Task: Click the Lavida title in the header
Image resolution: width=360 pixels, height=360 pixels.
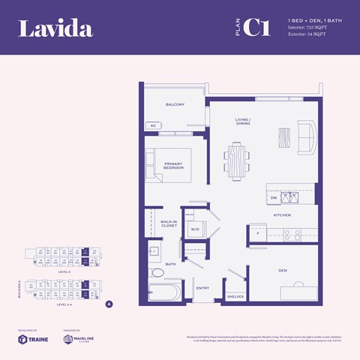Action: tap(55, 29)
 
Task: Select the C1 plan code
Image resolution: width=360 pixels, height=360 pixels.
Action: tap(256, 28)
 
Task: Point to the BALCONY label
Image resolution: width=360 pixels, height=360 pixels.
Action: tap(175, 104)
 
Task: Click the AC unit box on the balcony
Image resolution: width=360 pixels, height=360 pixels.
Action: tap(154, 125)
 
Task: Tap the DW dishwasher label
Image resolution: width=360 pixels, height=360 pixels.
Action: tap(274, 198)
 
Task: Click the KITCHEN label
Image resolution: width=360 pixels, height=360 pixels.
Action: tap(281, 215)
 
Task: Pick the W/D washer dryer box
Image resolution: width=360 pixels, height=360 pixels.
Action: tap(195, 229)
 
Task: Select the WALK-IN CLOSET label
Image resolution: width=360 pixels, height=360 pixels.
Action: tap(169, 223)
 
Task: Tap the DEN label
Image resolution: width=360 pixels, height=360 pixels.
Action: tap(282, 270)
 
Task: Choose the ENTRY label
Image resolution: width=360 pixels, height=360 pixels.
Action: tap(202, 287)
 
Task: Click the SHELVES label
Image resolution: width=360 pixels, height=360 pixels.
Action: tap(235, 296)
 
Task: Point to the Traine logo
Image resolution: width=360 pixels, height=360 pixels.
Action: tap(28, 339)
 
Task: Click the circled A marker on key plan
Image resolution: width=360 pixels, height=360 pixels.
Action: tap(109, 304)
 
